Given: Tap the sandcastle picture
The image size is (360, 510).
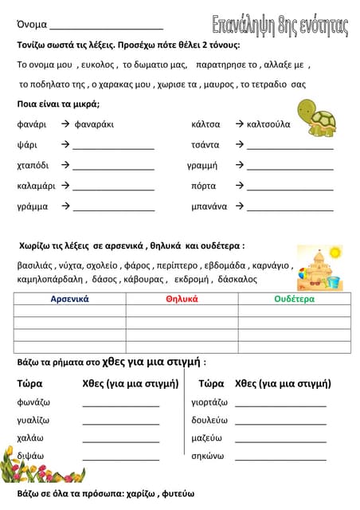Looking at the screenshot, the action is (x=318, y=268).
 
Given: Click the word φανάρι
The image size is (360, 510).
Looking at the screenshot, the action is (x=32, y=124).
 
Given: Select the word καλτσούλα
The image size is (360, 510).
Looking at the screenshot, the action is (x=269, y=124).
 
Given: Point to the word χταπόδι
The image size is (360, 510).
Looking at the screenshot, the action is (x=33, y=165).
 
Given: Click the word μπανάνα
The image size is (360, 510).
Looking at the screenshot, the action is (x=209, y=206).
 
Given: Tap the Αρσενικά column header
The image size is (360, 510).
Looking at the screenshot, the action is (x=70, y=299).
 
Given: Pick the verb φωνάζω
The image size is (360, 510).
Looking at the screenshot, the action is (x=33, y=402).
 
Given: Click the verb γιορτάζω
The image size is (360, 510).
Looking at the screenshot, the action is (x=209, y=402).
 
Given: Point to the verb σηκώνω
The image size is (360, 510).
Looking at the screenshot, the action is (x=208, y=457).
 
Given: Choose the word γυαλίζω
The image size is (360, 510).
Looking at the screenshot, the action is (x=33, y=420).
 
